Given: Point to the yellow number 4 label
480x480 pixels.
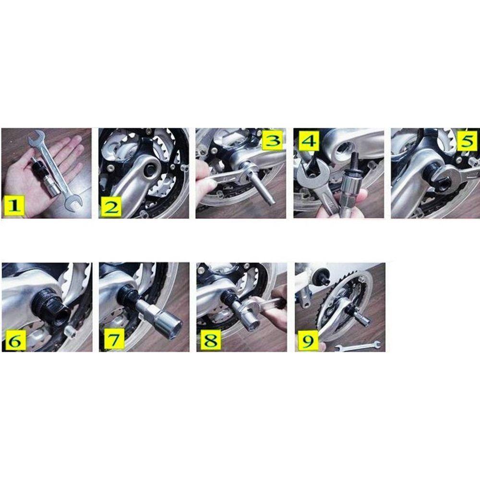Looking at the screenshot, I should click(307, 141).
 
